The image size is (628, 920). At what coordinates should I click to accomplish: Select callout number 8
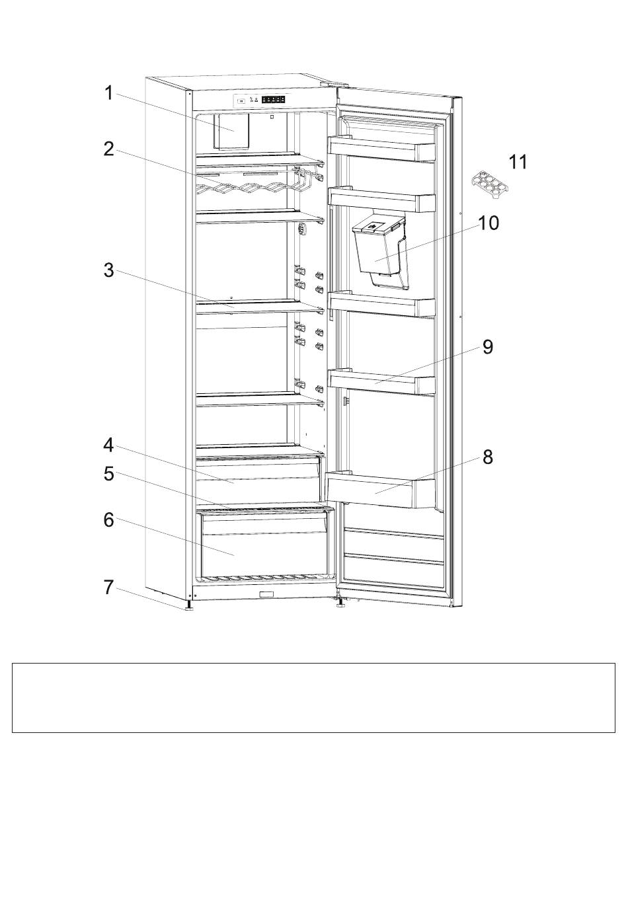pyautogui.click(x=488, y=457)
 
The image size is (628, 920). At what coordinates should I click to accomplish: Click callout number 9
pyautogui.click(x=488, y=346)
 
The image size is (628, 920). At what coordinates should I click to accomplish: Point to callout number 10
pyautogui.click(x=489, y=223)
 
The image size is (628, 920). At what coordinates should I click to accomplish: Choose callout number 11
pyautogui.click(x=518, y=162)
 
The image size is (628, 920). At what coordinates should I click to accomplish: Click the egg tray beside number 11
pyautogui.click(x=490, y=183)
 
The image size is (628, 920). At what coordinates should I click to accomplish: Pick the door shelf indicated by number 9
pyautogui.click(x=382, y=381)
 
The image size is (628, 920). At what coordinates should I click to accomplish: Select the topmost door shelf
pyautogui.click(x=382, y=149)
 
